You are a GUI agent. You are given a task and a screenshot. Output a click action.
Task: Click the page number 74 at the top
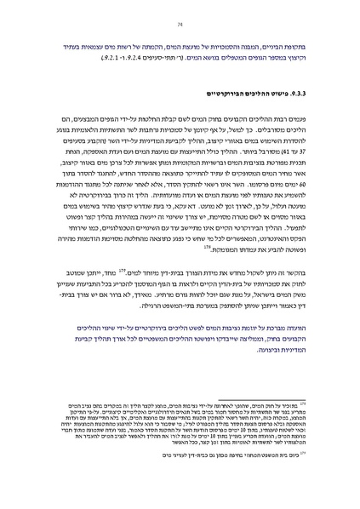coord(180,14)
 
